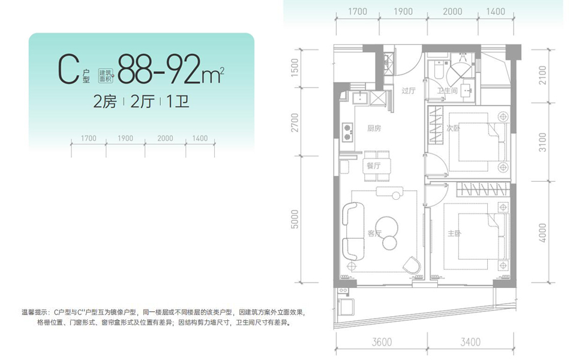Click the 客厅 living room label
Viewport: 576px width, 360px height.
point(374,233)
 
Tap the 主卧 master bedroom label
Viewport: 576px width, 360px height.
point(454,233)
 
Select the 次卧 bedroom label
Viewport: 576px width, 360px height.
point(453,128)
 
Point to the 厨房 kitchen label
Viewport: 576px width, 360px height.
point(374,128)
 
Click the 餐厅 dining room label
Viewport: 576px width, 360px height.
point(373,166)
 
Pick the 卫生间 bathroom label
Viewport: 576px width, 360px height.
point(448,91)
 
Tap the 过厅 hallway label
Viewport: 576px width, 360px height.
point(408,91)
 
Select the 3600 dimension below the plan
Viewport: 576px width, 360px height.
point(382,343)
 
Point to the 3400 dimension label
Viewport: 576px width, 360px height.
point(470,343)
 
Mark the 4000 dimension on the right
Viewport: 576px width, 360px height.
point(542,232)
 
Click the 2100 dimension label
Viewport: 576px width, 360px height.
point(542,76)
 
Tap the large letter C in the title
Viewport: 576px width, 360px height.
point(68,70)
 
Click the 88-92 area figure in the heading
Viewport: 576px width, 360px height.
point(159,70)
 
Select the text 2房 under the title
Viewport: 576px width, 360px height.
point(104,101)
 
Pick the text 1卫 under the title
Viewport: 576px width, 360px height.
point(175,101)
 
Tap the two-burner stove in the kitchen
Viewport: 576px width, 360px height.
point(347,132)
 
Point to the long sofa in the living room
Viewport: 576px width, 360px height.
point(352,231)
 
